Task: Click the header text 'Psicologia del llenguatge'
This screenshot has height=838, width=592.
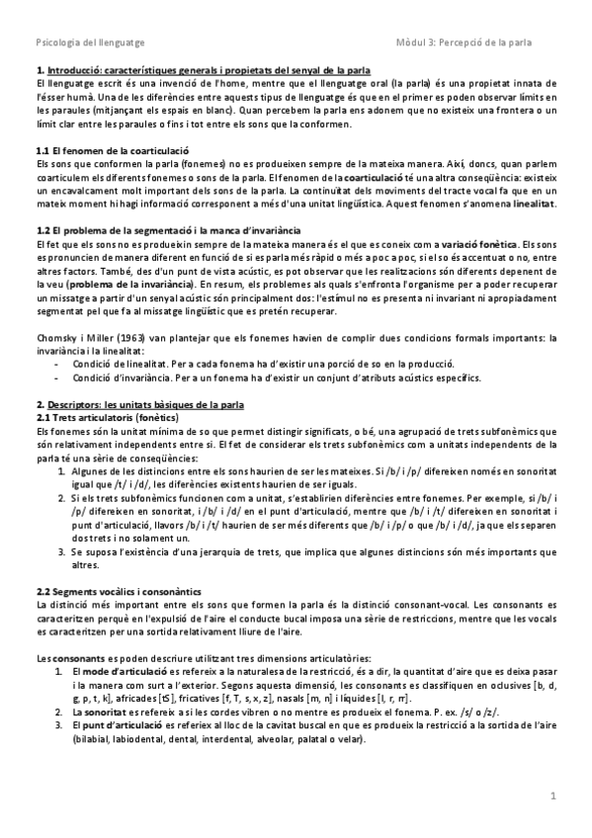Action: pos(75,41)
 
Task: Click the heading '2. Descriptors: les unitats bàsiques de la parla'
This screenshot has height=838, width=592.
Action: pos(145,405)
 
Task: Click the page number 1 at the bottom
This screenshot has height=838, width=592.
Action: pos(554,795)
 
